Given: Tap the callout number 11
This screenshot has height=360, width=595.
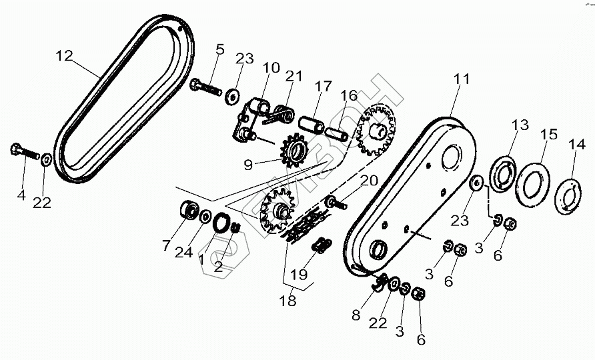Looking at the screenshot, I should click(x=462, y=80).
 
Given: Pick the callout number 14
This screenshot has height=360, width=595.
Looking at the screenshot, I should click(x=572, y=145).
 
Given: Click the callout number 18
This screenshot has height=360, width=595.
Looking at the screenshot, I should click(x=287, y=301).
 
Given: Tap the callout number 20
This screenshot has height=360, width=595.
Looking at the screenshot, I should click(x=369, y=181).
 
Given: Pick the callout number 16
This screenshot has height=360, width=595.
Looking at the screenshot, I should click(x=350, y=96).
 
